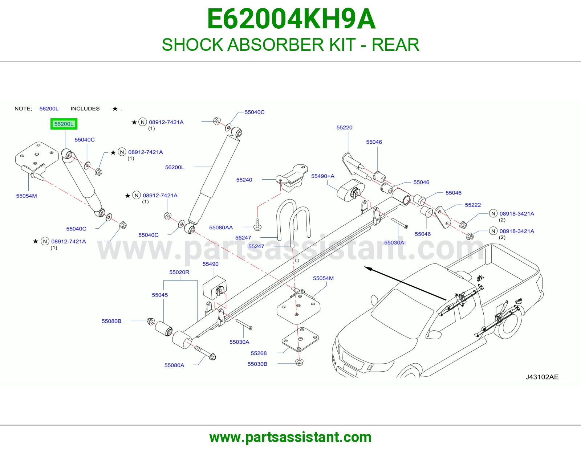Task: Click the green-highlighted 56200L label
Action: [x=64, y=124]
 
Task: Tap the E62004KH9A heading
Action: [x=291, y=19]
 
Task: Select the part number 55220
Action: [x=344, y=127]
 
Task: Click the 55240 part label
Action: [x=244, y=180]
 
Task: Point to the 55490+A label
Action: [x=323, y=176]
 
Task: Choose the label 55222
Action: [x=473, y=205]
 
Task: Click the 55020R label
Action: [x=179, y=272]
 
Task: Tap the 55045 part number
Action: [x=160, y=295]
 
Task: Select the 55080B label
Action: [x=111, y=321]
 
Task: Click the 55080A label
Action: [x=174, y=365]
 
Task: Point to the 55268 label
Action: [x=259, y=353]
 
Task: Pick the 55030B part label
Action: [x=257, y=364]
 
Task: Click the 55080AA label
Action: [x=221, y=228]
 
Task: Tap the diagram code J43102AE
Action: [x=542, y=377]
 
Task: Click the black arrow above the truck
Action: [x=405, y=283]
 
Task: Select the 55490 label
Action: [x=210, y=264]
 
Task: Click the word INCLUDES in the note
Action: [x=85, y=109]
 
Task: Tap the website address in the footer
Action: [x=290, y=437]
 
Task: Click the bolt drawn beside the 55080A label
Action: [x=205, y=353]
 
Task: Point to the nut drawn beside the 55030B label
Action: [x=300, y=362]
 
